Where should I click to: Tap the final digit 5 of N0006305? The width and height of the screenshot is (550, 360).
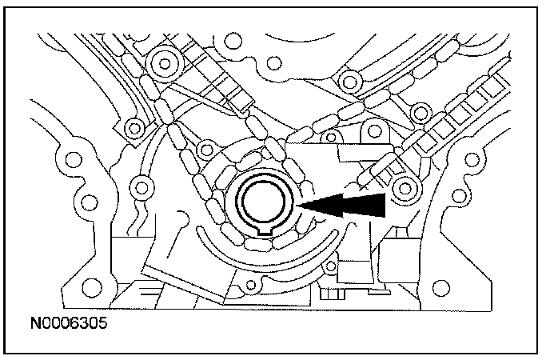click(x=102, y=327)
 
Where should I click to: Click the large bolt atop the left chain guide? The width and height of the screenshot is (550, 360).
click(x=166, y=59)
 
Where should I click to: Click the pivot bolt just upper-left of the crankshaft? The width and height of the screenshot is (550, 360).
click(x=206, y=147)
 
